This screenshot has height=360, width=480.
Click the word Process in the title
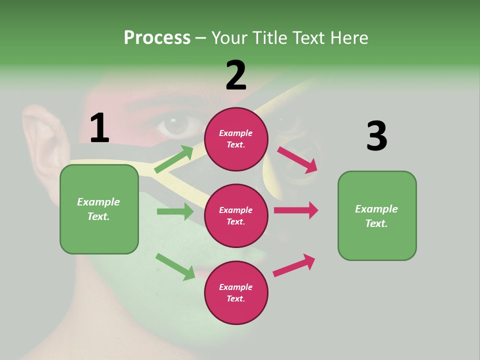coord(157,38)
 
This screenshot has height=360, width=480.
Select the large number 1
coord(99,128)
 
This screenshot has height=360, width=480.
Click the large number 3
coord(376,136)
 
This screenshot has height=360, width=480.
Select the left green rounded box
coord(99,209)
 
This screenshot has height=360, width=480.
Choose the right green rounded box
coord(377,215)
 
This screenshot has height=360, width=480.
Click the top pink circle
coord(236,139)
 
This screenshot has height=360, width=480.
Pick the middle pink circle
coord(236,215)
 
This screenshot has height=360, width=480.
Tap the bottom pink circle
coord(236,292)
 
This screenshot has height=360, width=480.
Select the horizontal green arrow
coord(175,211)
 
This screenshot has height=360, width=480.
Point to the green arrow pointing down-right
coord(175,266)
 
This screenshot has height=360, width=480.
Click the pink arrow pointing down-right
coord(297,159)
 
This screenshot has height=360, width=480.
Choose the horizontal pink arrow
coord(296,210)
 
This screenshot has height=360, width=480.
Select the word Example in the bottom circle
coord(236,287)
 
